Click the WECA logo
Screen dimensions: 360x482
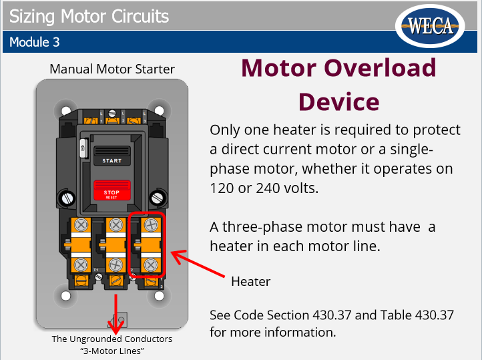[431, 27]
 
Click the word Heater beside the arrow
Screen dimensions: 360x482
[250, 281]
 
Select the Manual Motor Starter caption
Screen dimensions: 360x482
[112, 69]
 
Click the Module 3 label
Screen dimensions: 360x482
[35, 42]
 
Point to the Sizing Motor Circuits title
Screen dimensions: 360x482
[89, 15]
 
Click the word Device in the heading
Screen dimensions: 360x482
[338, 102]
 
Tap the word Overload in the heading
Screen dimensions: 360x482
[382, 68]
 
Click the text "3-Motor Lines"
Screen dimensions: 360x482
[112, 351]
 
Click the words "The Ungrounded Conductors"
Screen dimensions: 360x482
[112, 339]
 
